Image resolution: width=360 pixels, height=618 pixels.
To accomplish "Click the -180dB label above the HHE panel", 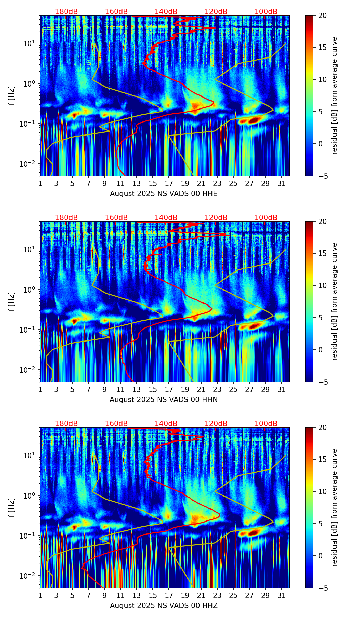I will coord(65,12).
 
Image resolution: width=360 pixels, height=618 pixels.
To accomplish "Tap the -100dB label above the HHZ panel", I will coord(265,424).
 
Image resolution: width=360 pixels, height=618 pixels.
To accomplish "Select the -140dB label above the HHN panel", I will coord(165,218).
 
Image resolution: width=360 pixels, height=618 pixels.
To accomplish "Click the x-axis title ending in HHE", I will coord(164,194).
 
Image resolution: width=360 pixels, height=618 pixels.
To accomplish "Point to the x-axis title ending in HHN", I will coord(164,400).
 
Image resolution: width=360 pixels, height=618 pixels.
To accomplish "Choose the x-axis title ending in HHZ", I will coord(164,606).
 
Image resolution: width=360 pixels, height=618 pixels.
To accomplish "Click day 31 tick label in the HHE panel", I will coord(282,184).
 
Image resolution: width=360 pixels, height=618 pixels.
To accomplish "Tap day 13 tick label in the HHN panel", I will coord(137,390).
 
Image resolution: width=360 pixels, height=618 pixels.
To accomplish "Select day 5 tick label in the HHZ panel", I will coord(72,596).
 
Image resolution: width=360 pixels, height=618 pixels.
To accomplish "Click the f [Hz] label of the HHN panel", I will coord(12,301).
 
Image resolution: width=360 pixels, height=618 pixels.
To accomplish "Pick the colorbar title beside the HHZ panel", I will coord(335,507).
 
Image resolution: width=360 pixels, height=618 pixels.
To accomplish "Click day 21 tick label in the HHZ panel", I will coord(201,596).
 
